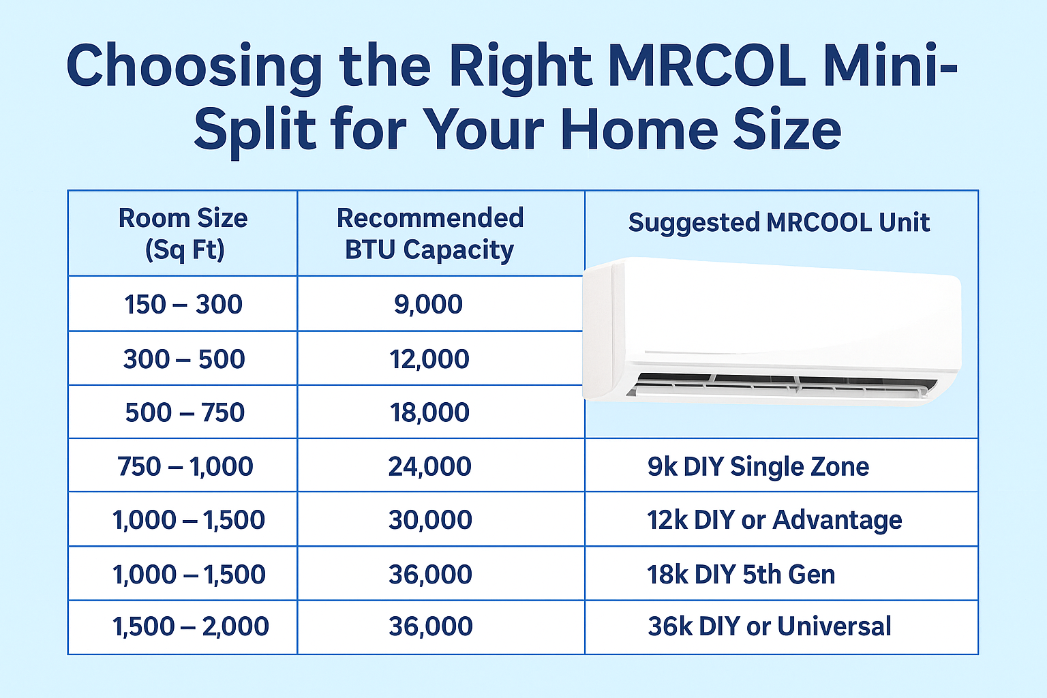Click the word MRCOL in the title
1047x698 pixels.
706,66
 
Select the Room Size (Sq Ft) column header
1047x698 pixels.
183,234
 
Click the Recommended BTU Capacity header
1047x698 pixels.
429,234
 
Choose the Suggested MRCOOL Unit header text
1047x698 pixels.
779,222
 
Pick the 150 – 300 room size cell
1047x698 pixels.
183,304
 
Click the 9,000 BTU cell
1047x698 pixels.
429,304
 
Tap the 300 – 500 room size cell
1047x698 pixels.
183,359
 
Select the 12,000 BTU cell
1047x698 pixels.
429,359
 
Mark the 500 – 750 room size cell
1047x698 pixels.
184,412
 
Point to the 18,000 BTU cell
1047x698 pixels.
429,412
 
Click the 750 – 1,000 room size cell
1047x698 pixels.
185,466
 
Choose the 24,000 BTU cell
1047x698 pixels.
429,466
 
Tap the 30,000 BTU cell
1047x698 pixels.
430,520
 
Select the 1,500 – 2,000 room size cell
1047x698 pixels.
190,626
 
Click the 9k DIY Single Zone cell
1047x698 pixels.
758,466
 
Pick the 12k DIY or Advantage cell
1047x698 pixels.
774,520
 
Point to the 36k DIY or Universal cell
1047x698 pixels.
769,626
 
